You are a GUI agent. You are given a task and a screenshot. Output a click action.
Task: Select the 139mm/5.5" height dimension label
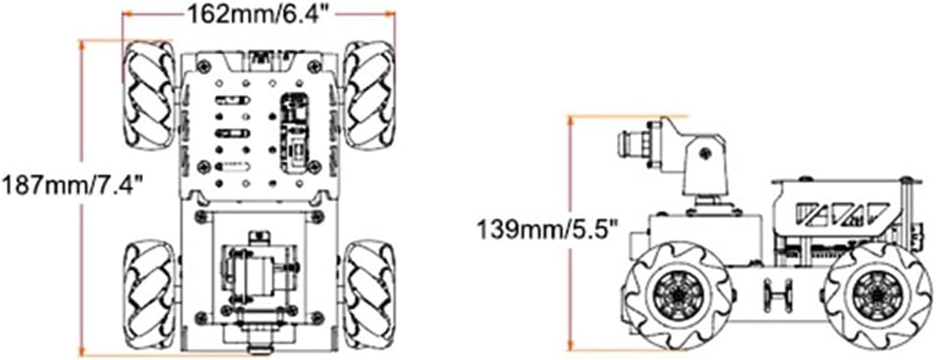547,228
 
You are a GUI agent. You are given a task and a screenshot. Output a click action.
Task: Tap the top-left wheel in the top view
149,95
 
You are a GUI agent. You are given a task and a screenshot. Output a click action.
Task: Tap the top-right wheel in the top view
368,95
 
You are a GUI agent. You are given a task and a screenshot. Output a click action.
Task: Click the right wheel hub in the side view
875,293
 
